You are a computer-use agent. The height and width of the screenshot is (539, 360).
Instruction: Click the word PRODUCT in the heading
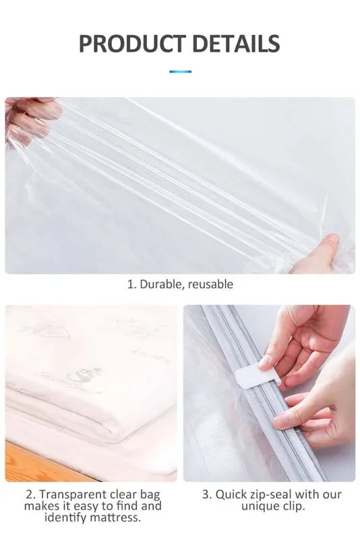132,44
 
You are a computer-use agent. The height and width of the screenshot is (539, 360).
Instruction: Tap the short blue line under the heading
181,71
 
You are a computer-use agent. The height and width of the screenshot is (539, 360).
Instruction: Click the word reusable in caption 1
210,284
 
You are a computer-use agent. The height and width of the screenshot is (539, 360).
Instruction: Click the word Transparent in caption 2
73,495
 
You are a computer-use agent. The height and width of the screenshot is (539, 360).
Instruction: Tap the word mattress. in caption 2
116,517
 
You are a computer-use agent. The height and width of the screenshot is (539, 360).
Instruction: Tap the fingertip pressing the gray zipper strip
280,422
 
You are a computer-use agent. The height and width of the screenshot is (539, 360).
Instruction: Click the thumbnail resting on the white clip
265,362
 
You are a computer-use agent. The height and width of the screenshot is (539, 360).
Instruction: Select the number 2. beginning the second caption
30,495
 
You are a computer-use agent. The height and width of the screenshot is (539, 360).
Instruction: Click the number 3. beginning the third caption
208,495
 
